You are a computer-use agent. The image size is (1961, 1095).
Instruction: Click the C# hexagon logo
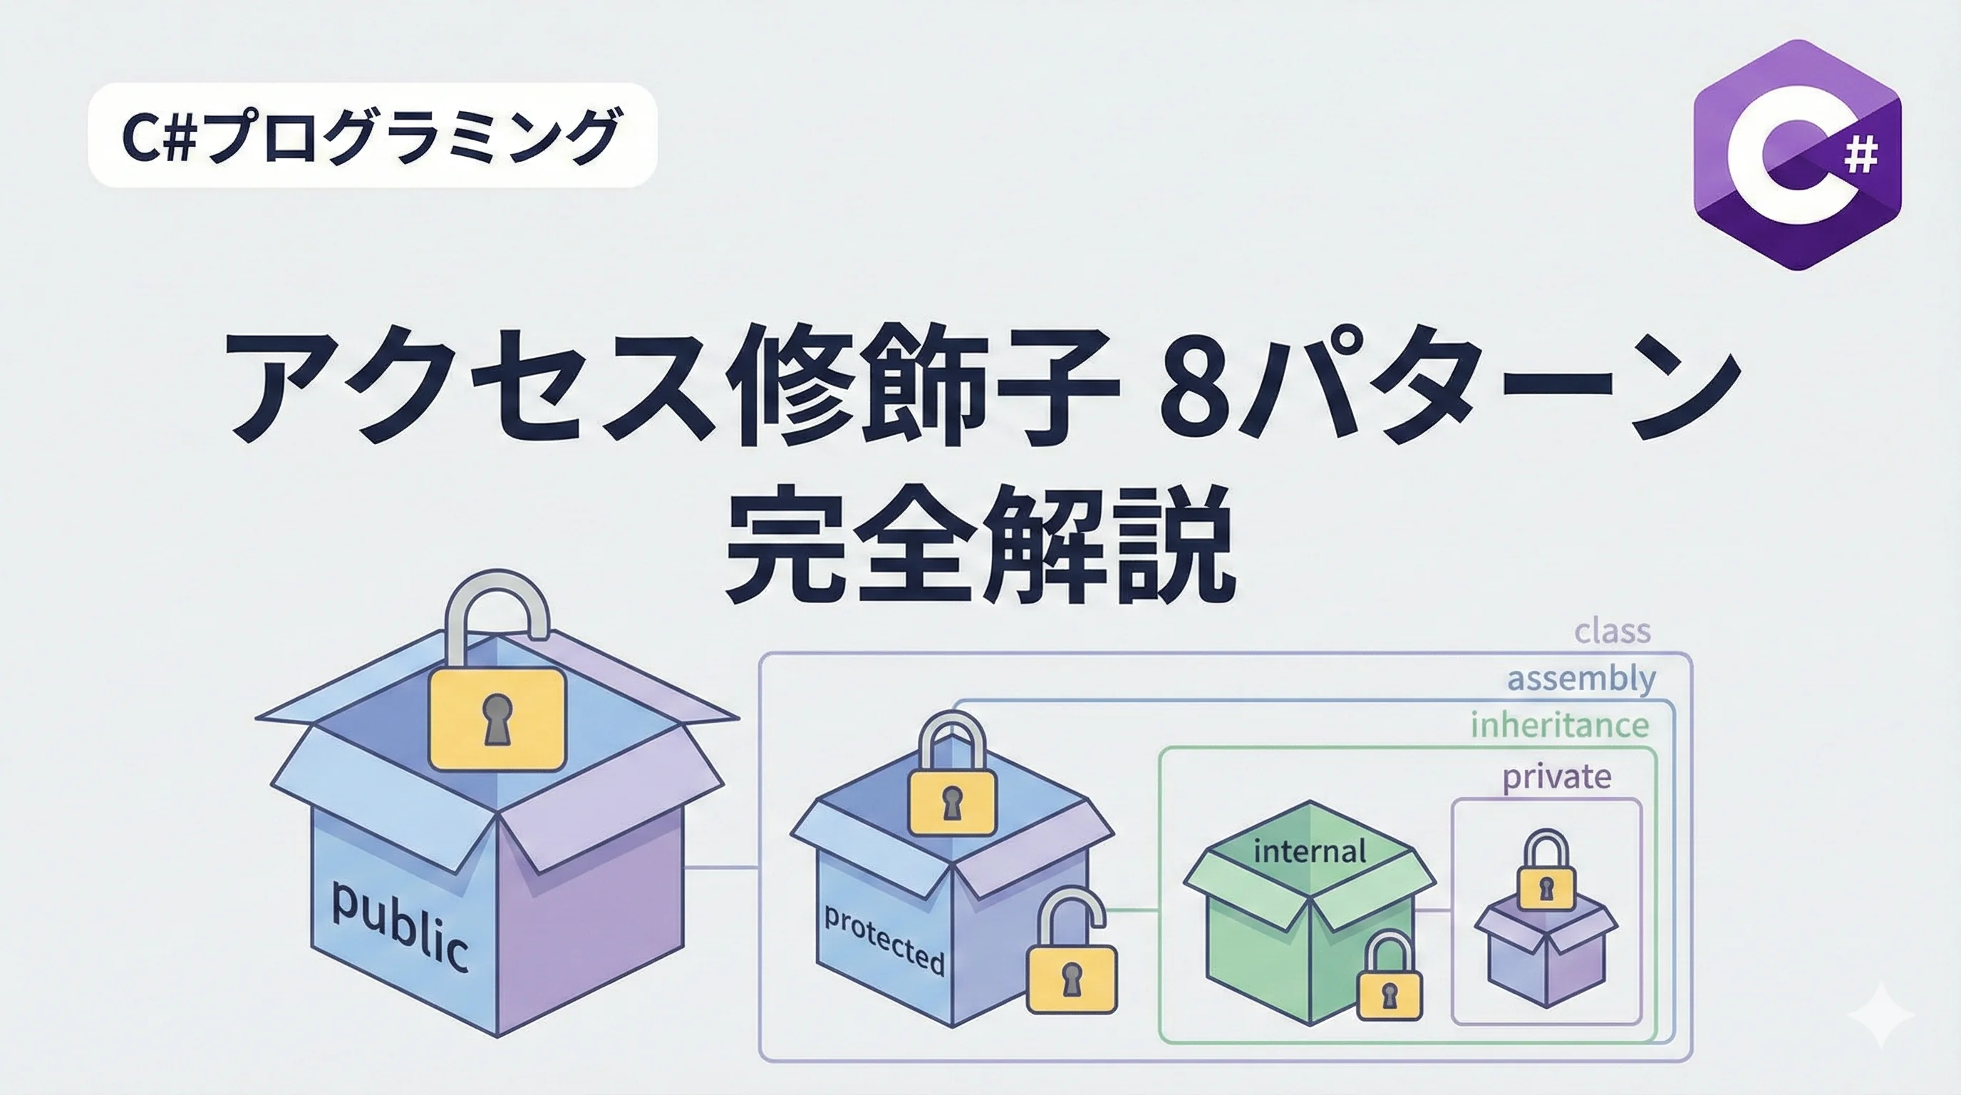[x=1796, y=155]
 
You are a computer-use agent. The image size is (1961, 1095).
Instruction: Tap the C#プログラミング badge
[x=372, y=135]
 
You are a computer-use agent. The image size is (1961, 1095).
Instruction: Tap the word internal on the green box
[x=1310, y=851]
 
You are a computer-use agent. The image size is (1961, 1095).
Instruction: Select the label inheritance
[x=1559, y=725]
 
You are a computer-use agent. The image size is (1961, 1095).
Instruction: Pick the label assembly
[x=1581, y=678]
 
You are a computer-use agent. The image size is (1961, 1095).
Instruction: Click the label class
[x=1613, y=630]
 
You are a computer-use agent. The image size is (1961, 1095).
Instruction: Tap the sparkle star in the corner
[x=1880, y=1014]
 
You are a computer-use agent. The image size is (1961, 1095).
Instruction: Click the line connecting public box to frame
[x=721, y=867]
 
